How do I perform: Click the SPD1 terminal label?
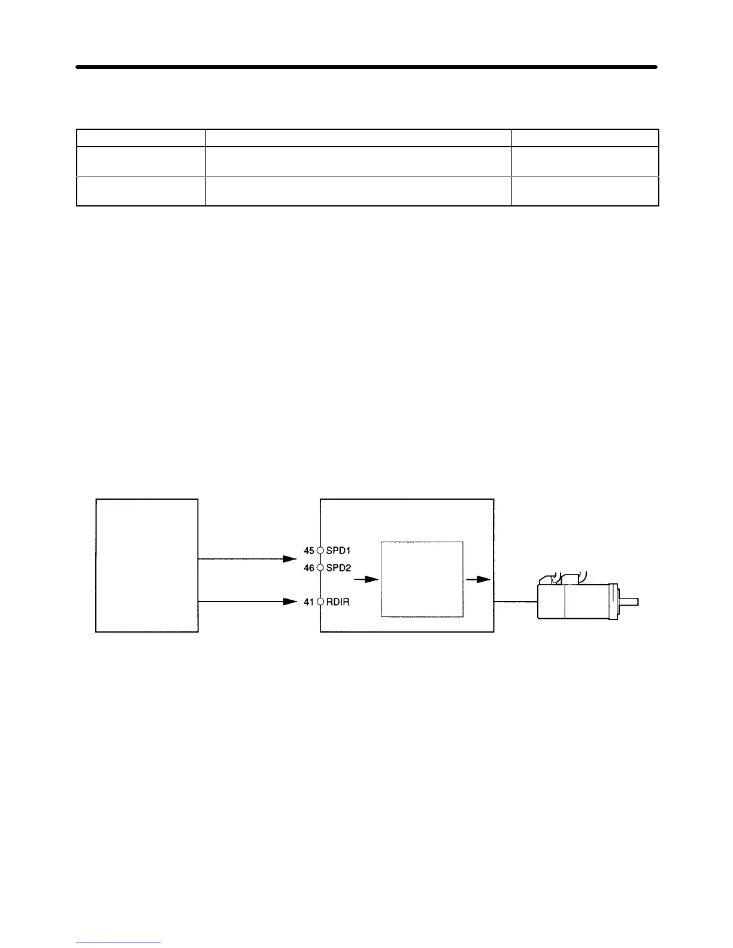339,550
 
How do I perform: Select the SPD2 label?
339,567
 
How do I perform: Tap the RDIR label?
338,601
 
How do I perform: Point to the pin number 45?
309,550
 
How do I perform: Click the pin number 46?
309,567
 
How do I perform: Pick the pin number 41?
309,601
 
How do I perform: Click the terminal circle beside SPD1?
320,550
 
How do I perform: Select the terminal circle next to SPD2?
320,567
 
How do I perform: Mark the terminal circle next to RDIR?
320,601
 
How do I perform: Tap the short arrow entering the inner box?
366,579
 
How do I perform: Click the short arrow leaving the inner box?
478,579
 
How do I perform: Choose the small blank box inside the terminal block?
422,579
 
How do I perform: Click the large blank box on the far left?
147,565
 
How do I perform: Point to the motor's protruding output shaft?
629,602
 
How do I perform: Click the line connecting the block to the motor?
516,602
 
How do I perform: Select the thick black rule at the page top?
366,67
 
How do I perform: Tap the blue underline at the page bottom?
119,943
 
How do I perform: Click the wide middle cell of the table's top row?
358,138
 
